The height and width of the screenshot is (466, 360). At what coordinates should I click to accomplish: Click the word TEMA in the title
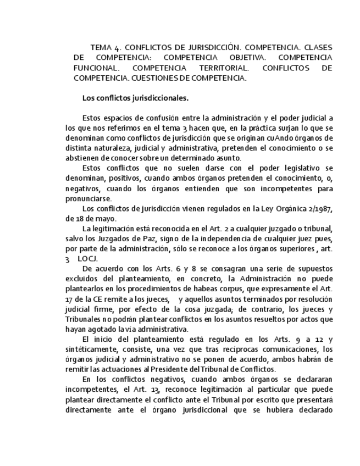tap(101, 47)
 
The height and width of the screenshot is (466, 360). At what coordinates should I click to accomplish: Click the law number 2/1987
tap(318, 209)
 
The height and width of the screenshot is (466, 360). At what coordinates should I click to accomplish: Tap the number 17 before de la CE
tap(69, 299)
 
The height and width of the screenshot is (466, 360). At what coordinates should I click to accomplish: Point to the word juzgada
tap(223, 309)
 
